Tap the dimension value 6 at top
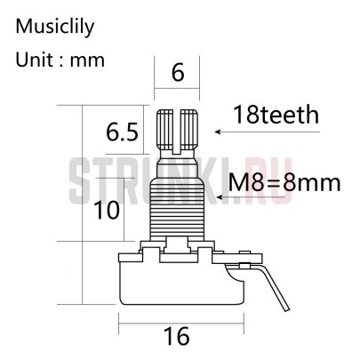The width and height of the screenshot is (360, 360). [x=178, y=74]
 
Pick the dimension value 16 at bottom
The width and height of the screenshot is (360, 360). [x=179, y=335]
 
